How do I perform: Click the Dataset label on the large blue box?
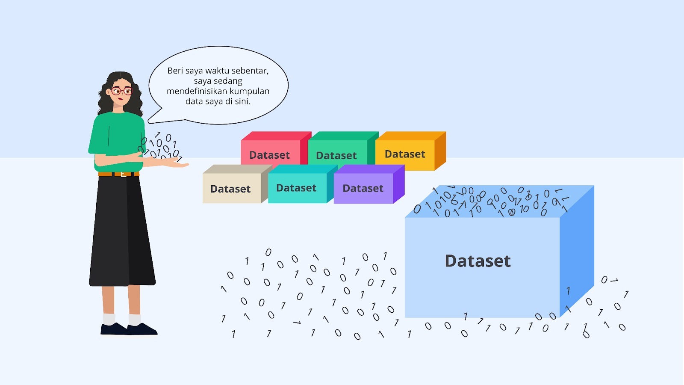click(x=478, y=261)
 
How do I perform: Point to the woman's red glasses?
click(x=121, y=91)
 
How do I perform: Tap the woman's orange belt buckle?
click(x=123, y=174)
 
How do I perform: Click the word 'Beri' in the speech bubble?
click(x=175, y=71)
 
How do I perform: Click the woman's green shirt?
click(x=115, y=137)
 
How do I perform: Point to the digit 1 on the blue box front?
click(x=568, y=291)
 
